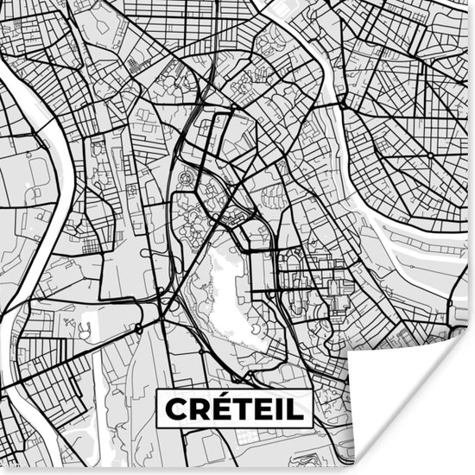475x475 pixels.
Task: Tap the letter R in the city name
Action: [x=199, y=408]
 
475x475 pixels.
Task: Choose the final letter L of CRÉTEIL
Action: [x=294, y=408]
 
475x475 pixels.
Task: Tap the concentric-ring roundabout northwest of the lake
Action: [x=184, y=179]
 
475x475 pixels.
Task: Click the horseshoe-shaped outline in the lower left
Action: [x=85, y=329]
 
